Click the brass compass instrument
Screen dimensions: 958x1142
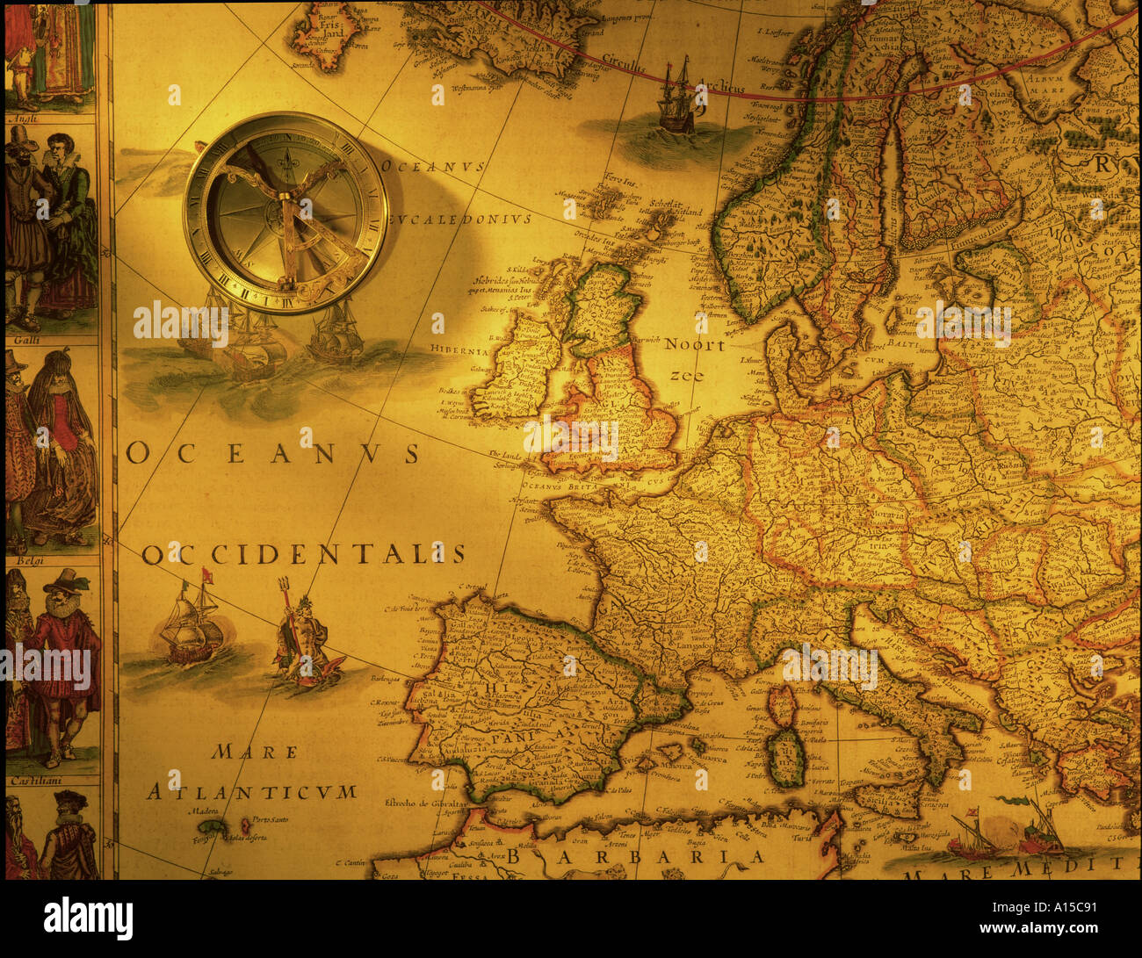(x=285, y=212)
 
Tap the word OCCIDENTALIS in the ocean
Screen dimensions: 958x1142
(x=303, y=554)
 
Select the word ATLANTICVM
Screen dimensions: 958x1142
(x=251, y=791)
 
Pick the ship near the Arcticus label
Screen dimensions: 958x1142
(x=676, y=98)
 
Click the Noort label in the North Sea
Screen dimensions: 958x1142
(x=694, y=345)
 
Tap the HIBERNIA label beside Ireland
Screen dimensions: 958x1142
(x=459, y=350)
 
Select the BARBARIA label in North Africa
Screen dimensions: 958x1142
(x=635, y=856)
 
